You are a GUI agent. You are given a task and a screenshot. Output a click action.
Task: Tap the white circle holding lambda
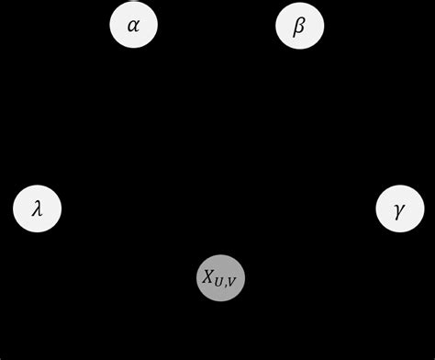click(x=37, y=208)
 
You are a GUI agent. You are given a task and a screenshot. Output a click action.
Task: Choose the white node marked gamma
click(x=399, y=208)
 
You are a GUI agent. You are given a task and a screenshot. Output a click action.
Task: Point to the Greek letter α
click(x=134, y=26)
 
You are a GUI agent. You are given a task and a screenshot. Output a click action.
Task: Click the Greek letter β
click(x=299, y=26)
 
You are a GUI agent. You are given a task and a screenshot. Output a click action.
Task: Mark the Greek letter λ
click(x=37, y=208)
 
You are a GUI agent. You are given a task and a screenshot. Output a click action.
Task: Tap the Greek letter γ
click(x=399, y=210)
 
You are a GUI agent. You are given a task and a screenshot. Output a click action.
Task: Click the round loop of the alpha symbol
click(x=132, y=26)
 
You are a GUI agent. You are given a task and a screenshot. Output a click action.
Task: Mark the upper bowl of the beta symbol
click(x=300, y=21)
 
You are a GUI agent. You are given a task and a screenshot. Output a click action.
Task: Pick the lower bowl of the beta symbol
click(x=300, y=28)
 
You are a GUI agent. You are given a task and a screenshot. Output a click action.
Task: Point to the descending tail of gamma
click(x=397, y=216)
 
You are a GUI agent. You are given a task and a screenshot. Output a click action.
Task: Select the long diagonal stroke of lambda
click(x=39, y=208)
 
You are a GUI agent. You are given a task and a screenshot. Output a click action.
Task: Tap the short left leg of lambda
click(x=34, y=212)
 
